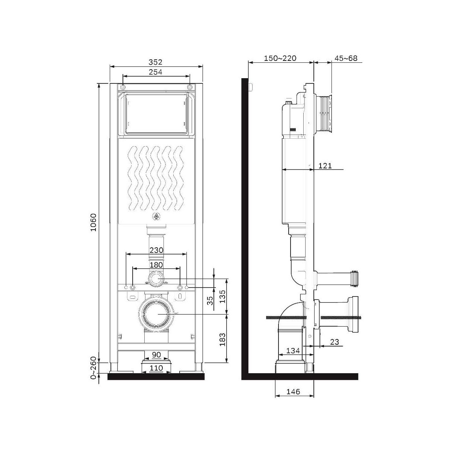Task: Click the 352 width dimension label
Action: click(155, 62)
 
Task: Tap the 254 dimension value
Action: click(155, 72)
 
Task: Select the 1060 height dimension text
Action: click(94, 222)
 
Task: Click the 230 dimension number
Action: click(156, 250)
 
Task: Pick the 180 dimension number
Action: click(156, 265)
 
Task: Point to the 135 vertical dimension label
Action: click(222, 297)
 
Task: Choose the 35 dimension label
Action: click(210, 301)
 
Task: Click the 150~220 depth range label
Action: click(280, 58)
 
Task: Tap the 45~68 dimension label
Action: click(346, 58)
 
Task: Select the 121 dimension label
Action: click(325, 166)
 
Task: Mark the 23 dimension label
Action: click(335, 342)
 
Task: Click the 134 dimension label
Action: click(293, 357)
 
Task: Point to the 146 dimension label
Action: click(293, 392)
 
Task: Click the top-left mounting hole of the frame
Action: click(123, 87)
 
